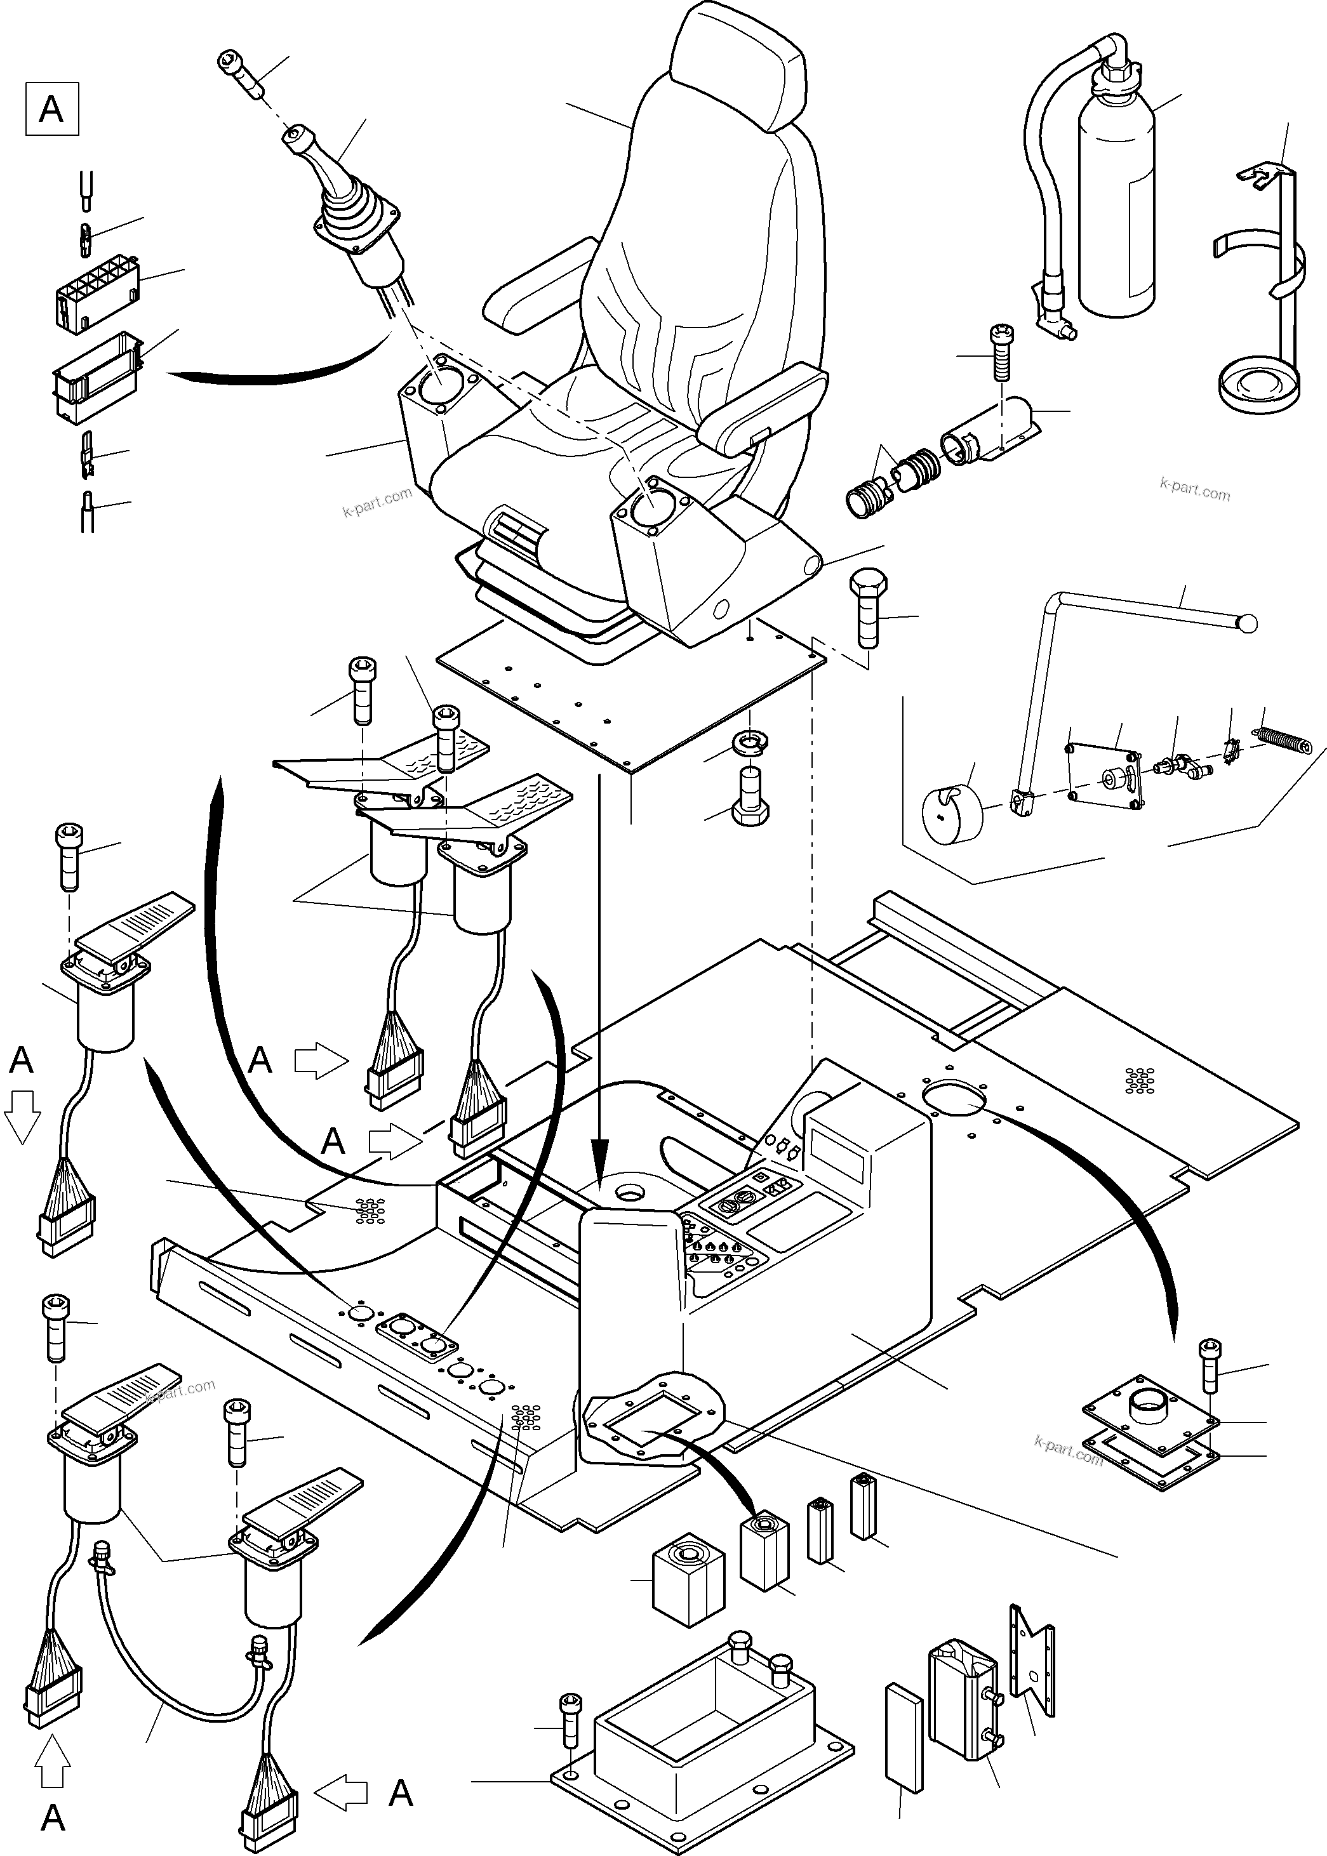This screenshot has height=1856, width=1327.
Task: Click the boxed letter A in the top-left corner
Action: coord(51,109)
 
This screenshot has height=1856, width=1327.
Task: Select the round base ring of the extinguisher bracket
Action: coord(1258,384)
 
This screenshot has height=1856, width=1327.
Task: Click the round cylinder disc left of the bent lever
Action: coord(951,813)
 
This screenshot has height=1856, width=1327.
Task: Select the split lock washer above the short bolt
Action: coord(750,743)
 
